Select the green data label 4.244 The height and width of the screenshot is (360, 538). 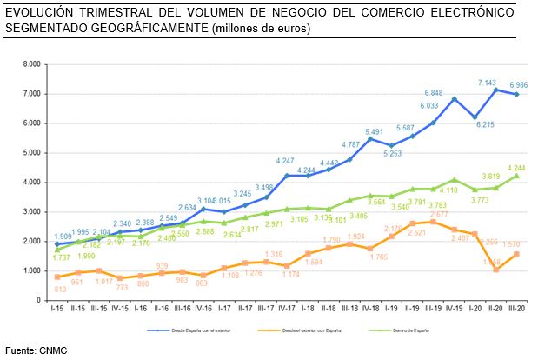(x=519, y=168)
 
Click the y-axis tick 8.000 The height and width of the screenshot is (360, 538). (x=32, y=64)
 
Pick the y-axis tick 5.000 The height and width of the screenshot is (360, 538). (x=32, y=153)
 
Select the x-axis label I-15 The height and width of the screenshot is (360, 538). (x=56, y=310)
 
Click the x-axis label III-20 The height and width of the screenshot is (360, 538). (x=519, y=310)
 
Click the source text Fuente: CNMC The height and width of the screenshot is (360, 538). (x=36, y=350)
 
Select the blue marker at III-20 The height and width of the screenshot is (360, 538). (x=519, y=94)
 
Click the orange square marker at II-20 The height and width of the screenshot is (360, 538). (x=495, y=270)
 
